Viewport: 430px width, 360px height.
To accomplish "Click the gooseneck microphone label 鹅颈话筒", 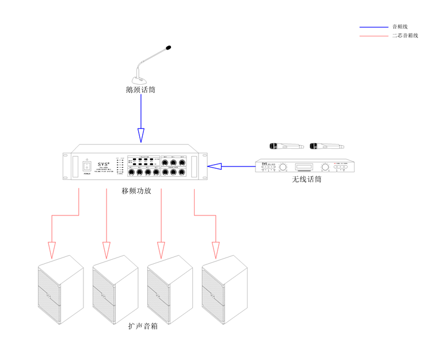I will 140,90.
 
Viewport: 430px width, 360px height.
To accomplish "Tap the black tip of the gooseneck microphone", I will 168,48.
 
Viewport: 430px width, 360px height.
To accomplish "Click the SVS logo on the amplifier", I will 103,163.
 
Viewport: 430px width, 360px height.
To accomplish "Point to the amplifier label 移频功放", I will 136,191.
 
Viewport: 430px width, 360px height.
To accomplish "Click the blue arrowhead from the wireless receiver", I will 214,167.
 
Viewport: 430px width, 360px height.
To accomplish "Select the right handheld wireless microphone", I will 325,146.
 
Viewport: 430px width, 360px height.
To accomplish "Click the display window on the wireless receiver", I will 305,168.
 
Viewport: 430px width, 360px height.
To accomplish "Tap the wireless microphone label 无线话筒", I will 306,180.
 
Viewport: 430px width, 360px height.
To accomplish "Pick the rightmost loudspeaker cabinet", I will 224,290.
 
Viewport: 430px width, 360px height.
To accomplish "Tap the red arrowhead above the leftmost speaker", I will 52,250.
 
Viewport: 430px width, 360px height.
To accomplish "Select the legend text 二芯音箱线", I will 405,36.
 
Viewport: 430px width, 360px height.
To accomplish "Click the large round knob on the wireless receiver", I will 325,168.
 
